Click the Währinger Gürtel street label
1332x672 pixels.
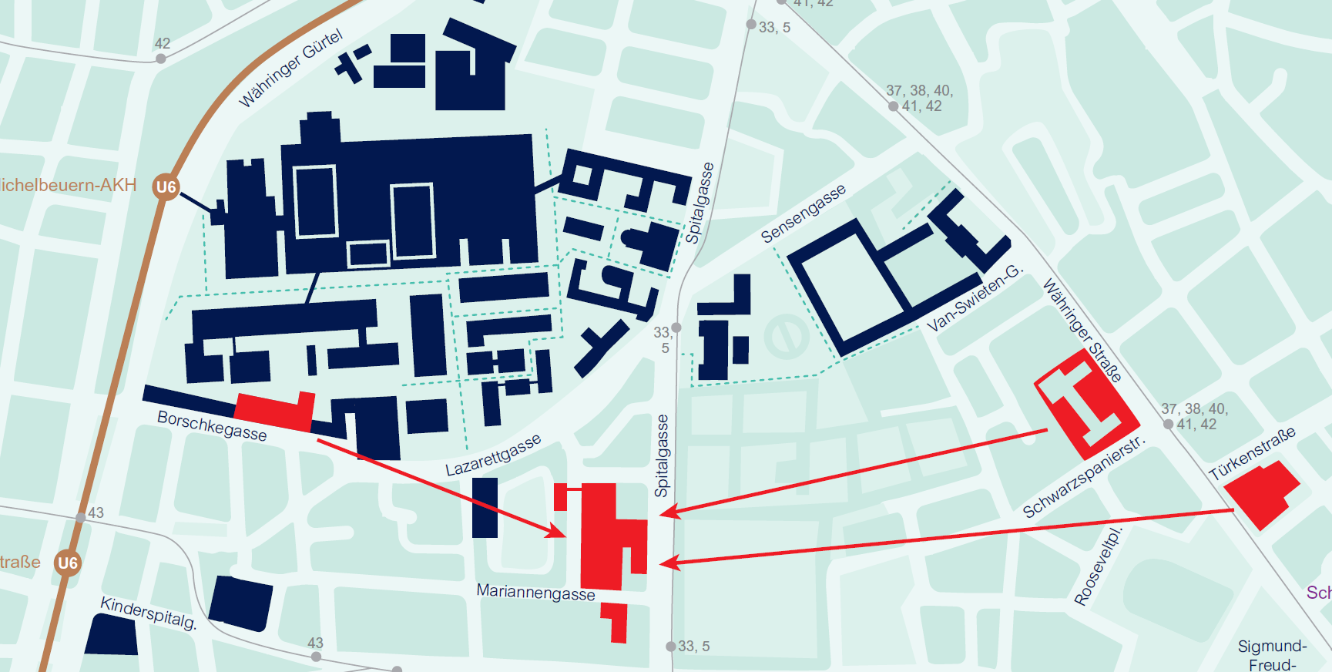tap(290, 69)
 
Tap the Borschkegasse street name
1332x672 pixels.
tap(212, 425)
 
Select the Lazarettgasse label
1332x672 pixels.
tap(493, 455)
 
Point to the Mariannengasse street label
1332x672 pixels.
tap(535, 592)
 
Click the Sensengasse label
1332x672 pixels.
tap(803, 213)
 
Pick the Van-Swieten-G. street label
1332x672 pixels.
tap(975, 298)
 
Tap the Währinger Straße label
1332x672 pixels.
tap(1082, 331)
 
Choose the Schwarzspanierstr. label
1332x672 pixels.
tap(1084, 478)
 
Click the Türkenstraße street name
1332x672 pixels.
tap(1251, 454)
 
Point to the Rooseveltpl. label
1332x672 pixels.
tap(1098, 566)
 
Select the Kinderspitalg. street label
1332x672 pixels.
tap(149, 613)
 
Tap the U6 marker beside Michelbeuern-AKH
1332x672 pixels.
tap(166, 186)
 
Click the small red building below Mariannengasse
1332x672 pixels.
tap(616, 620)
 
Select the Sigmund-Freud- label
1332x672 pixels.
tap(1272, 654)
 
